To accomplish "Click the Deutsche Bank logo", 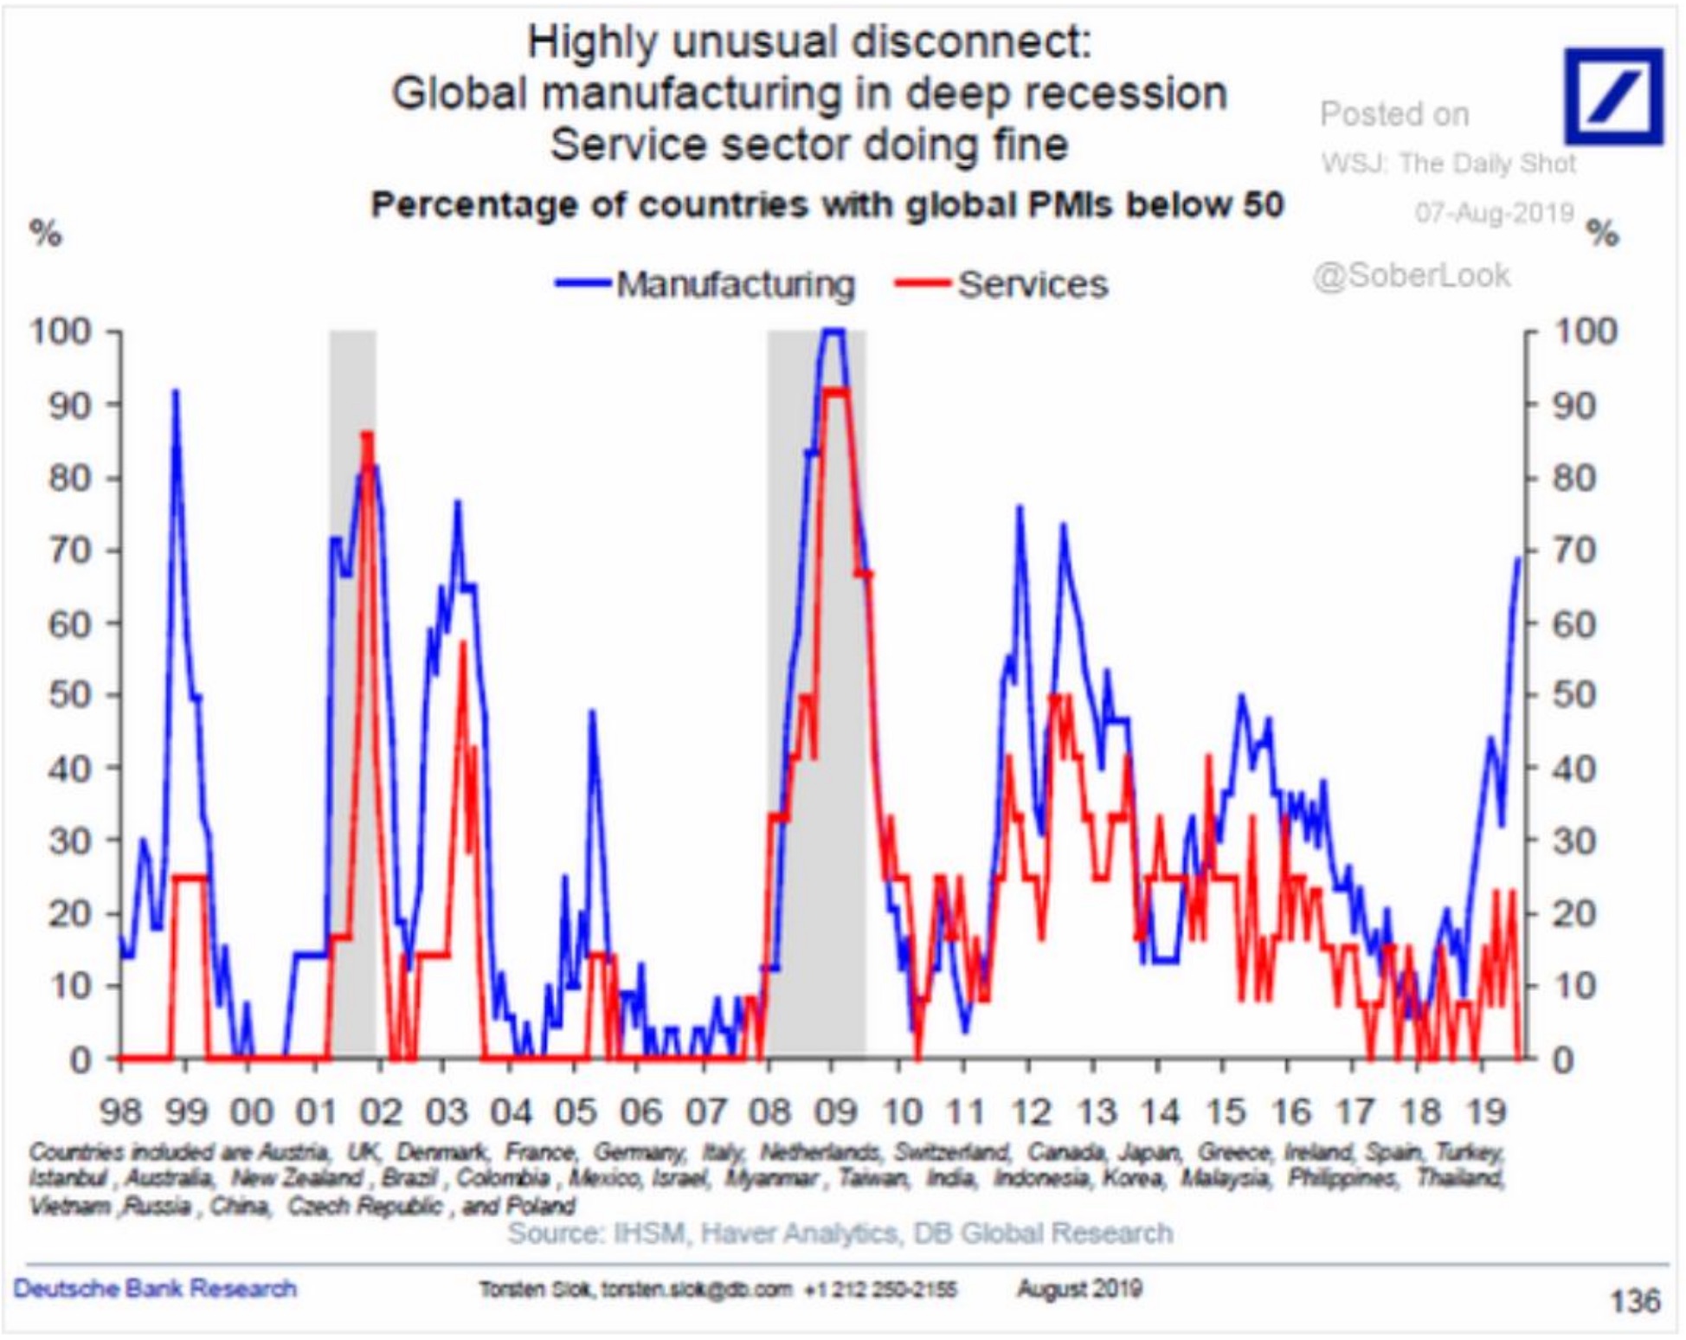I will pyautogui.click(x=1613, y=96).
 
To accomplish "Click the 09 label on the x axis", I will pyautogui.click(x=836, y=1111).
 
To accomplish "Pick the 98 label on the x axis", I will pyautogui.click(x=120, y=1111).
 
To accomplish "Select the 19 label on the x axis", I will pyautogui.click(x=1485, y=1111).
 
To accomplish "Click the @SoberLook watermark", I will pyautogui.click(x=1411, y=275).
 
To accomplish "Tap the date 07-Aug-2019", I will pyautogui.click(x=1494, y=212).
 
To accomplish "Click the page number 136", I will pyautogui.click(x=1634, y=1300).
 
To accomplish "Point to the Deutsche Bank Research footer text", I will pyautogui.click(x=156, y=1289).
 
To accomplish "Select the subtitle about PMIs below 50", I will pyautogui.click(x=827, y=205).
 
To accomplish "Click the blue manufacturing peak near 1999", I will pyautogui.click(x=176, y=391).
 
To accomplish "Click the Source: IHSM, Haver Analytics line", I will pyautogui.click(x=840, y=1233).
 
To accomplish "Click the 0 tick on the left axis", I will pyautogui.click(x=80, y=1059).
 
